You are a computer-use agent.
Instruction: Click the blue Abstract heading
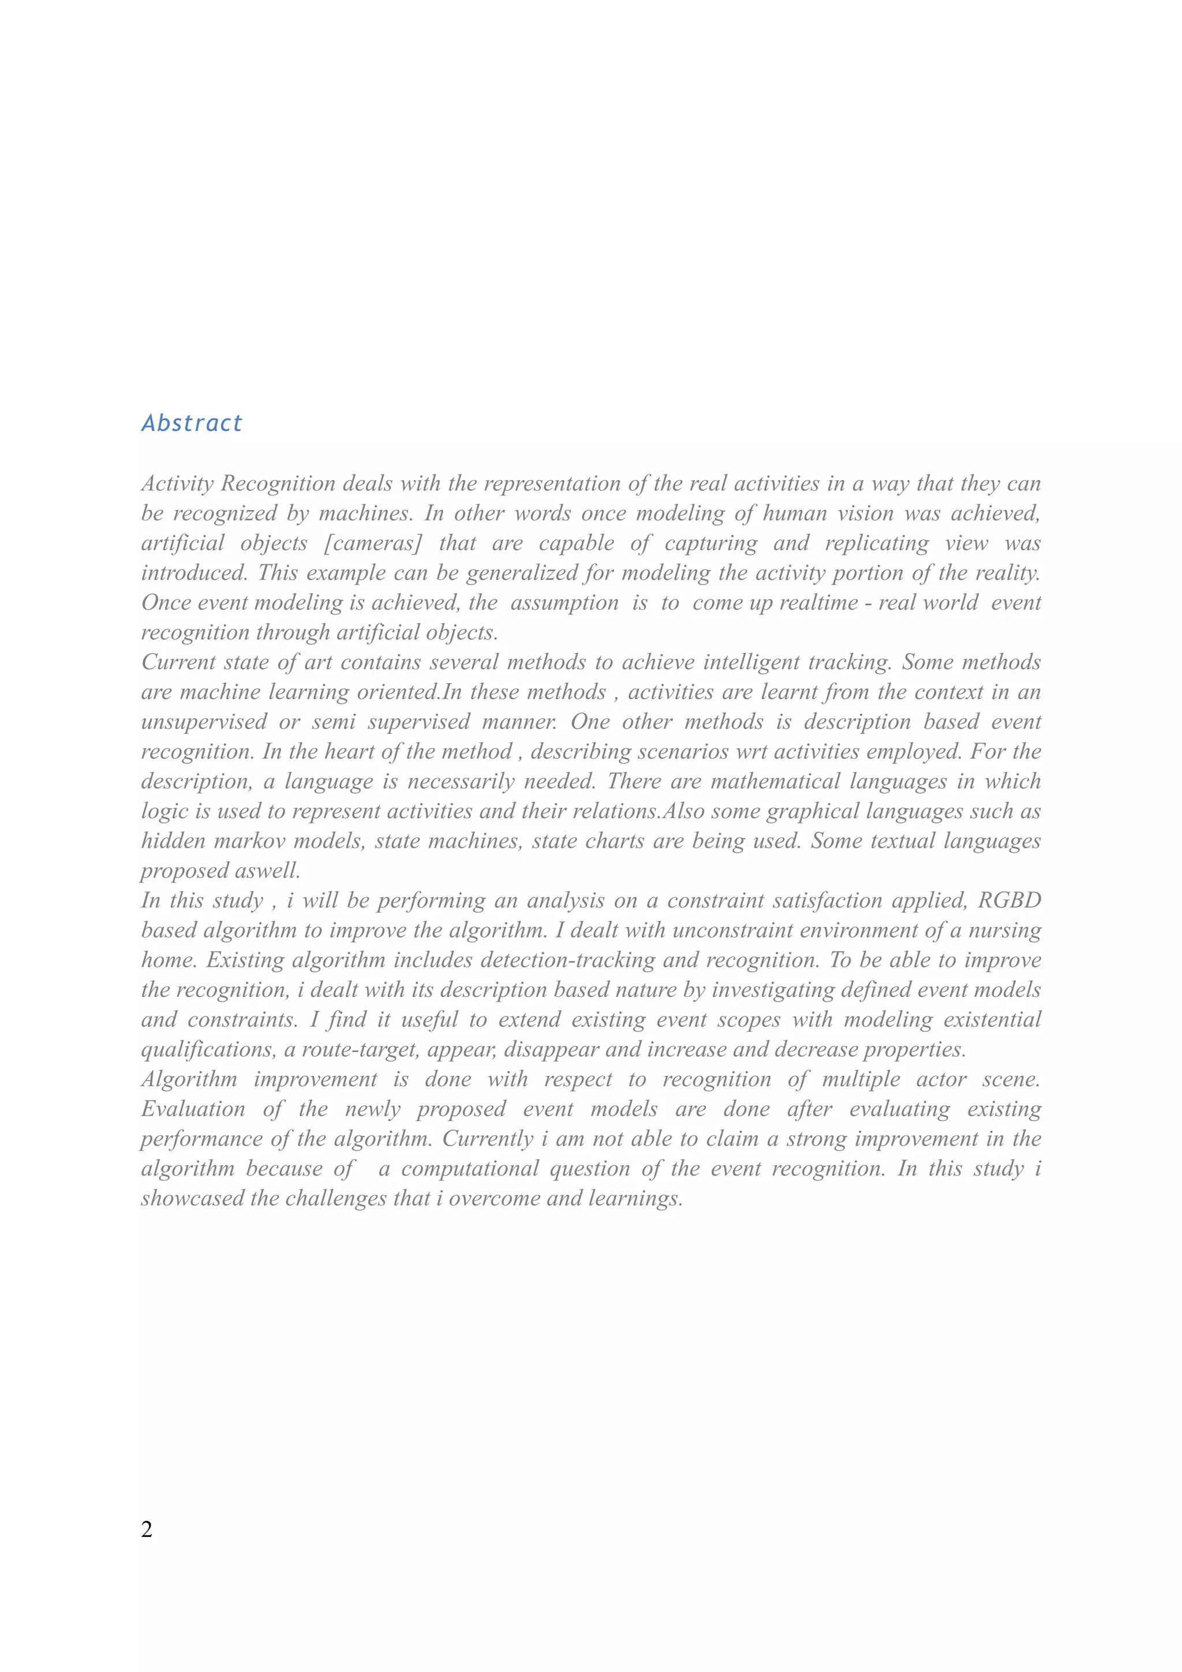(192, 423)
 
